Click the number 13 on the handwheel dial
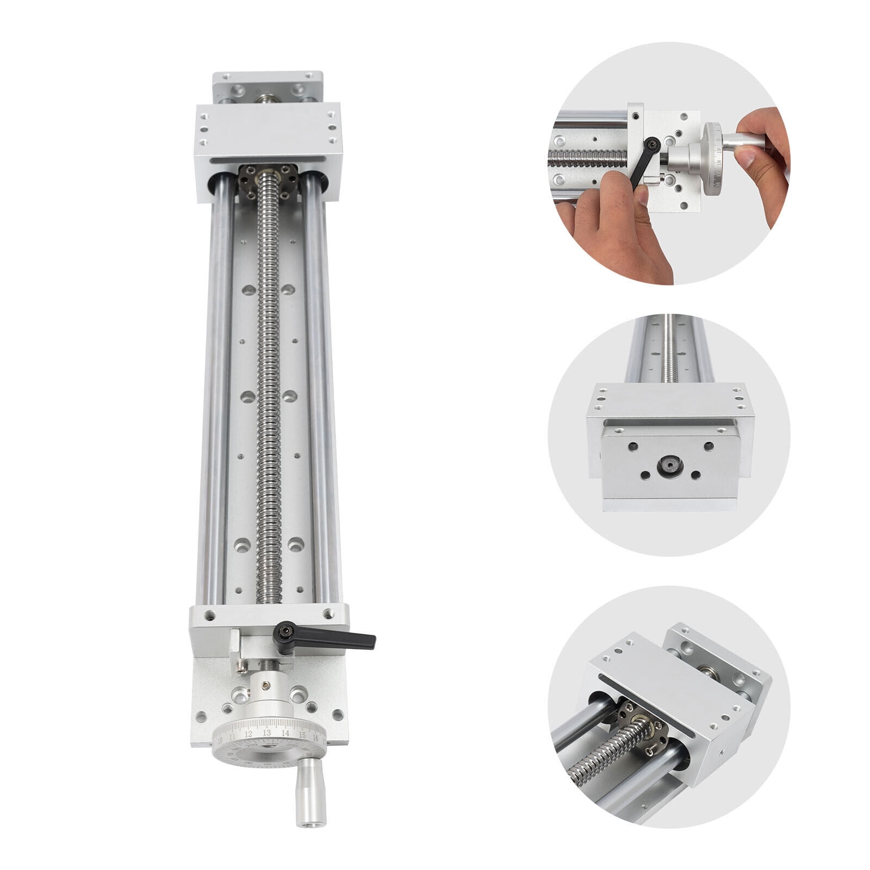(x=266, y=732)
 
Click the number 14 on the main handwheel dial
(x=284, y=732)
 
